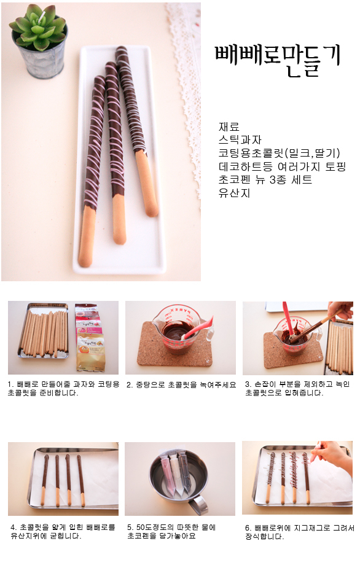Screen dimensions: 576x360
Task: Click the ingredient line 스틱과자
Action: tap(240, 140)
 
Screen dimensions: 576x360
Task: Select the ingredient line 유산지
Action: tap(234, 192)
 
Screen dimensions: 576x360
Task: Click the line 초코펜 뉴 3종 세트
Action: tap(265, 179)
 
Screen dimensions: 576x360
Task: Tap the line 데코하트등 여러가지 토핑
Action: tap(283, 166)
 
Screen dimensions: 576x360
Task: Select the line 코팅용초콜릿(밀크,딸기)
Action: tap(279, 153)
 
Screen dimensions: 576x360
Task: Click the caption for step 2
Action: tap(181, 385)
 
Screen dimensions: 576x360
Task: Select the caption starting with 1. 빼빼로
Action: tap(63, 388)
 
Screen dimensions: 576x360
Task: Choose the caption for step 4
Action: tap(63, 531)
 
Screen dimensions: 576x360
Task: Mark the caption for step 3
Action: tap(297, 388)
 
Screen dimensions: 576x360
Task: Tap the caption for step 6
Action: tap(299, 532)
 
